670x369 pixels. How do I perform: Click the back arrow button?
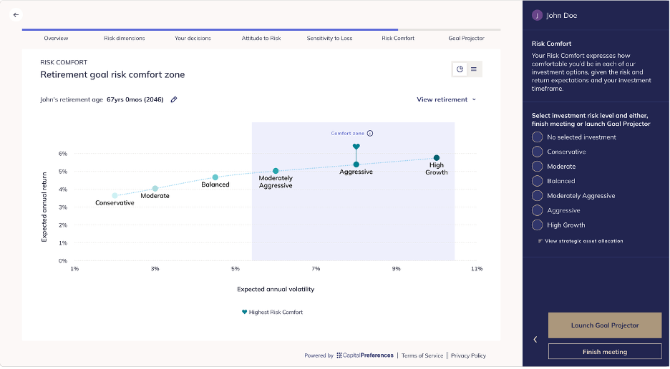(16, 15)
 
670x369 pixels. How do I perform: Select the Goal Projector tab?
(466, 39)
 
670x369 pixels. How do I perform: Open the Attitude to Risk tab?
(261, 39)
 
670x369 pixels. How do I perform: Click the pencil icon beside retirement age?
(174, 99)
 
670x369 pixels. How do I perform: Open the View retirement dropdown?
(446, 99)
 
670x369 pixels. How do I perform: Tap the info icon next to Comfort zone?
(370, 133)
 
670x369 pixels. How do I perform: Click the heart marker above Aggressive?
(356, 147)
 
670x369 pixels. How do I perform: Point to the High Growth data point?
(436, 158)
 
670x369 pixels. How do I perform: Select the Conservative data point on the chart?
(115, 196)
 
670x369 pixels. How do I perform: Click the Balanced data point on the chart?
(215, 177)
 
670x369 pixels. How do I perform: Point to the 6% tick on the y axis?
(63, 154)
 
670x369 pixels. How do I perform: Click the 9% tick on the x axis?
(396, 269)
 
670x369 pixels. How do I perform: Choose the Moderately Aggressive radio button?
(537, 196)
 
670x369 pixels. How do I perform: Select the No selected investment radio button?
(537, 137)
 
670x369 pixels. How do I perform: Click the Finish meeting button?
(605, 352)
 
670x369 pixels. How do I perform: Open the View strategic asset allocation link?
(581, 241)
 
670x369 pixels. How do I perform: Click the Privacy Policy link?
(468, 355)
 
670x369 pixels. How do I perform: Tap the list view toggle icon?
(474, 69)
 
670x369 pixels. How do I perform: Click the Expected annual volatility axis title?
(276, 289)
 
